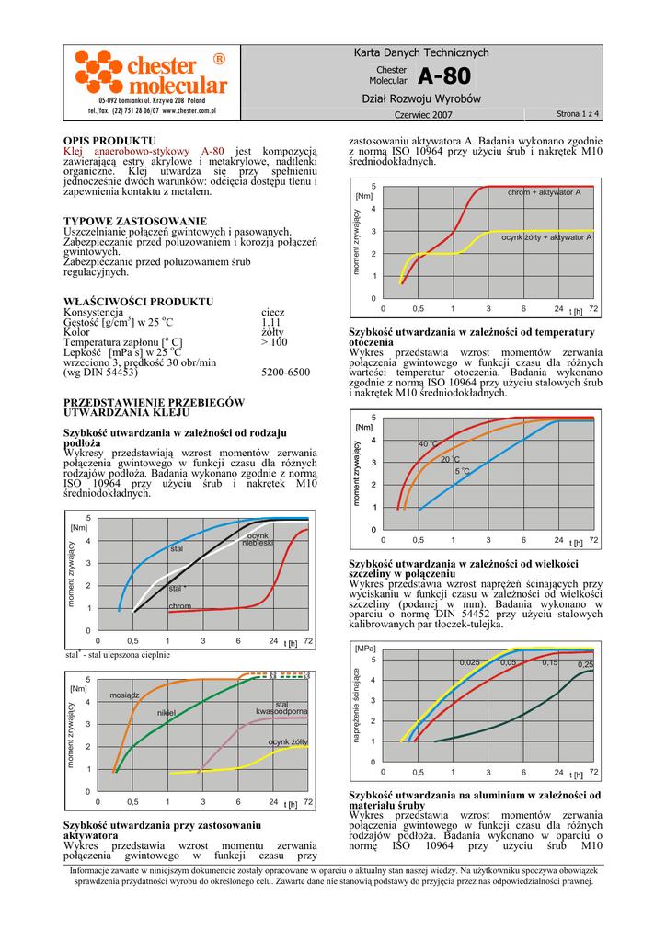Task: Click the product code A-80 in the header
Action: tap(442, 75)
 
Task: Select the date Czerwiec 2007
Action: tap(423, 114)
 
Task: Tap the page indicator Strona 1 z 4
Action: tap(578, 113)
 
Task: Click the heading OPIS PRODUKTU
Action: tap(103, 141)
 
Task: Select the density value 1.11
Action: tap(270, 322)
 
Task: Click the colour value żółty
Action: tap(273, 332)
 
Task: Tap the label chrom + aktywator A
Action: tap(544, 192)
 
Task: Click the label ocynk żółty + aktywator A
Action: tap(546, 236)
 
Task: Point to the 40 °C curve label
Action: tap(430, 443)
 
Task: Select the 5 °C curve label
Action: tap(463, 471)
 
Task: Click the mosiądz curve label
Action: tap(124, 695)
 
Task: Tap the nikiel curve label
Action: tap(166, 712)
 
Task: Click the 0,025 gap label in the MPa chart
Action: tap(470, 662)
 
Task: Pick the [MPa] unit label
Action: tap(365, 649)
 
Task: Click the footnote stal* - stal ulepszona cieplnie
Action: tap(118, 654)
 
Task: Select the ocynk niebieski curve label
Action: tap(258, 539)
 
